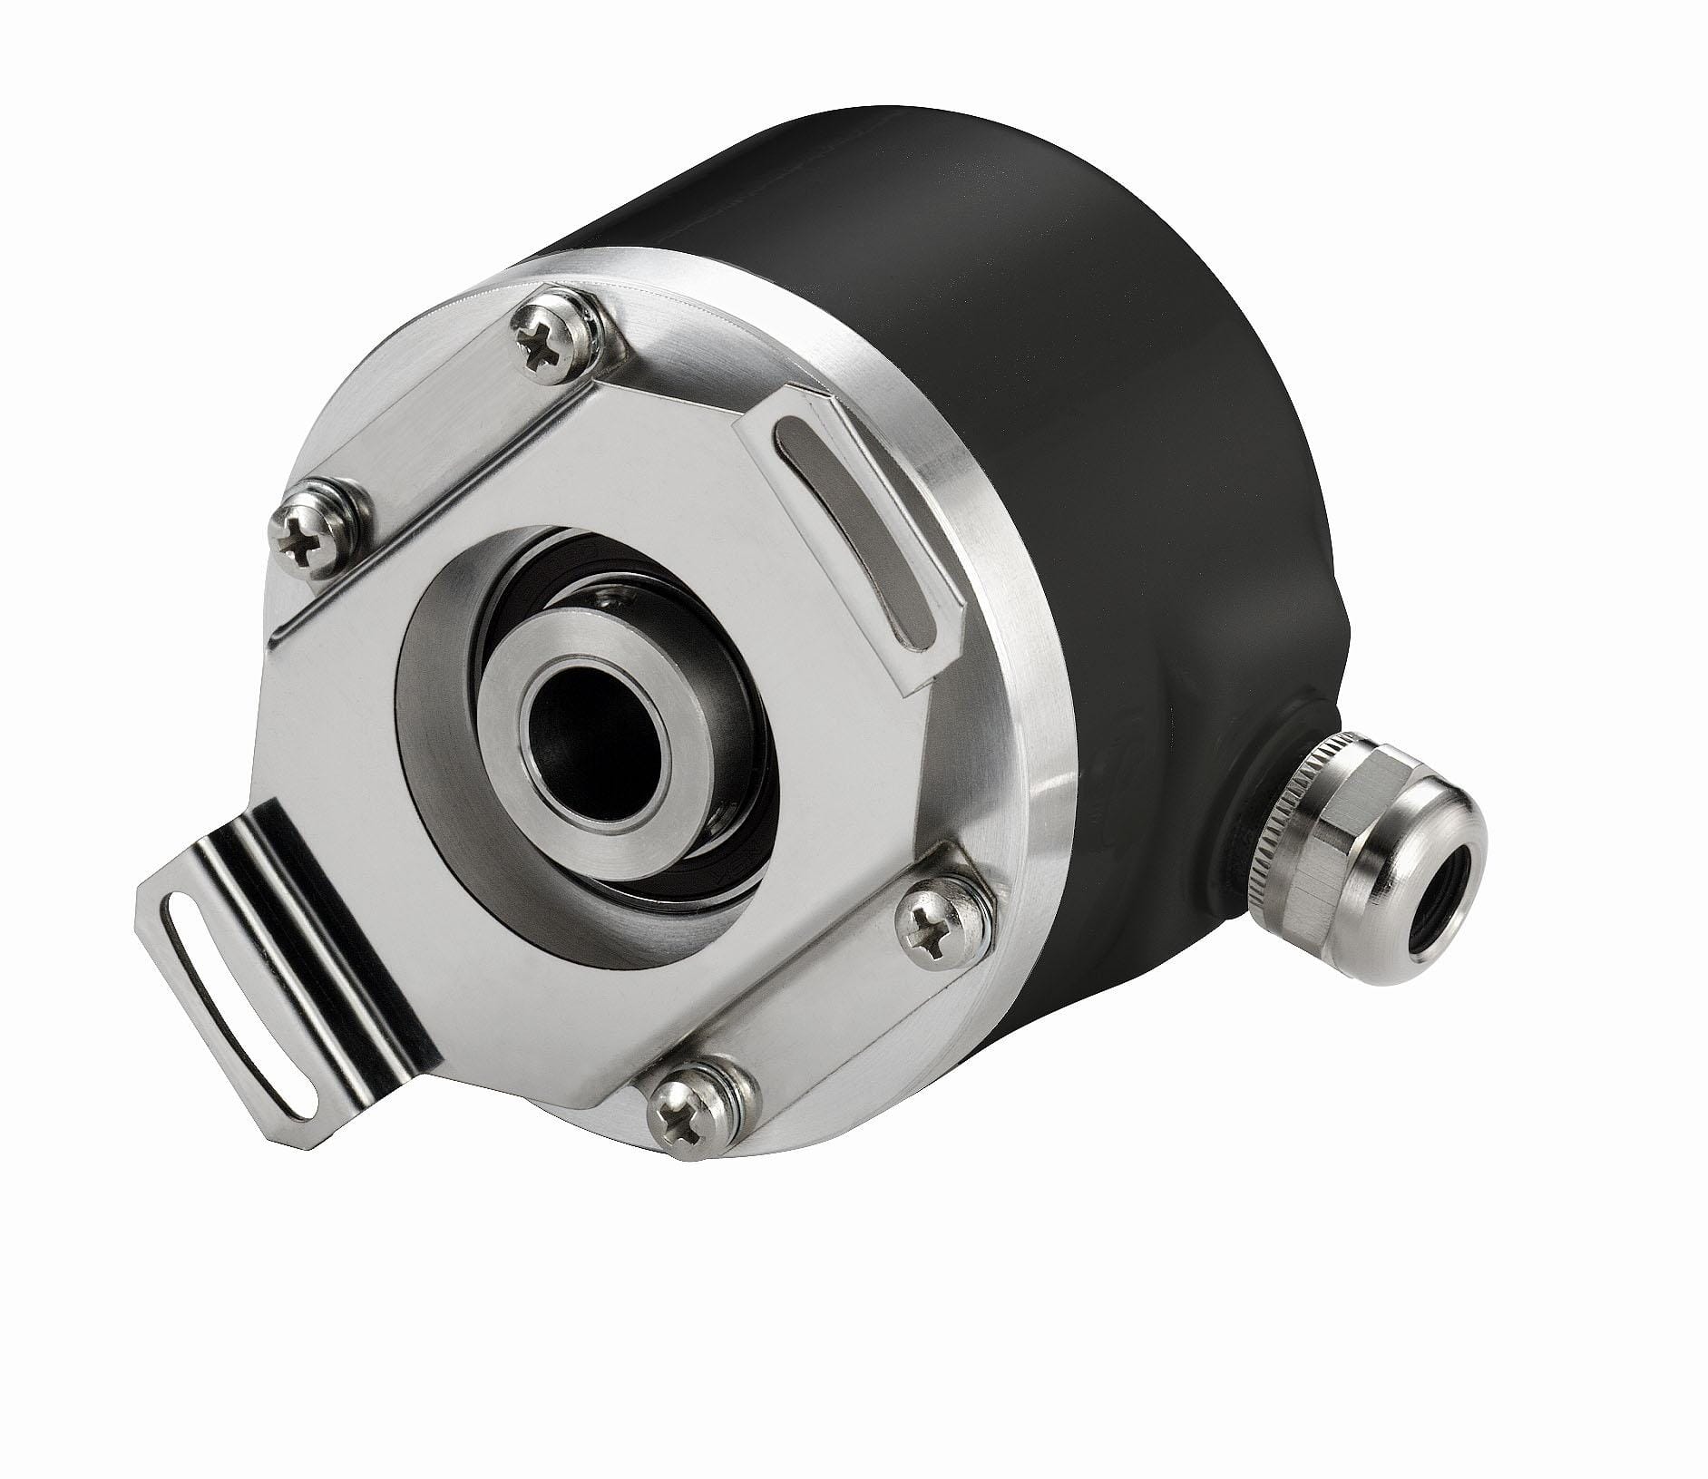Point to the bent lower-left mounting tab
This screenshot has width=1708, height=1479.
(299, 997)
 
